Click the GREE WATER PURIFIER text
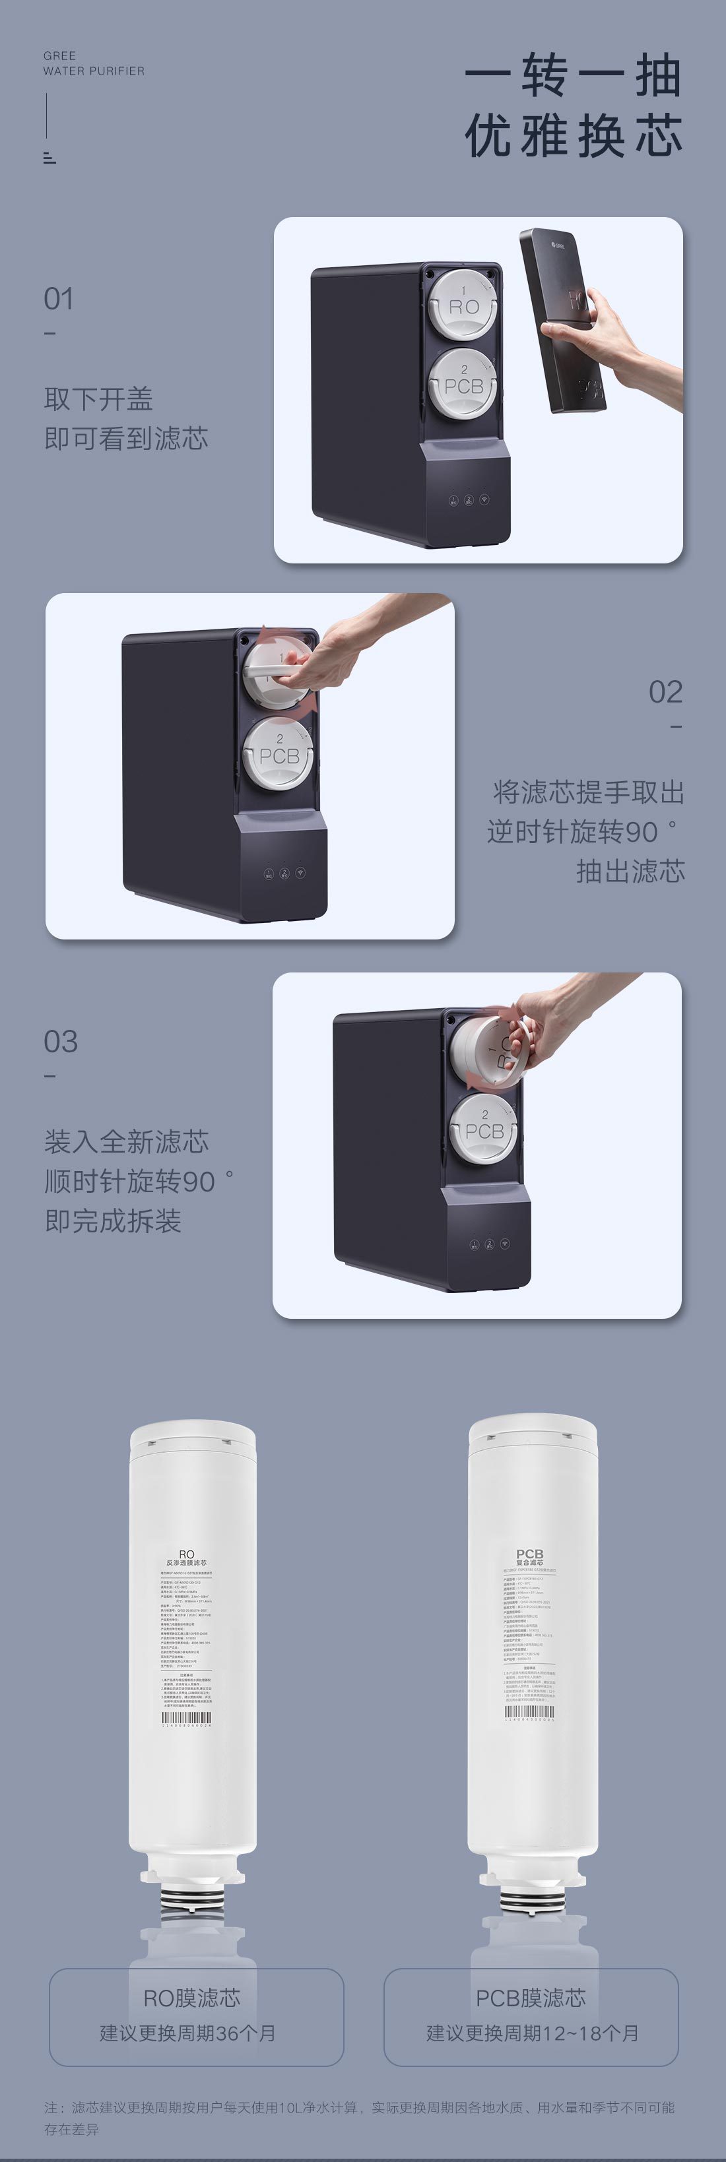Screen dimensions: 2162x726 click(93, 63)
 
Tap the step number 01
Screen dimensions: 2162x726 click(58, 299)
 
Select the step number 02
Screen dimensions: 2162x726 click(665, 693)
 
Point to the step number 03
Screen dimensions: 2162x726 click(61, 1042)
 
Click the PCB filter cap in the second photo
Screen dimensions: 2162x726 click(279, 753)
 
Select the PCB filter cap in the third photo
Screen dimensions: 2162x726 click(484, 1129)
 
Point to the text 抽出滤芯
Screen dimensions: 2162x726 click(630, 871)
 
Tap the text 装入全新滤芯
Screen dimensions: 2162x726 click(127, 1141)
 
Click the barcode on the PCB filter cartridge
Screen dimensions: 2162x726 click(529, 1712)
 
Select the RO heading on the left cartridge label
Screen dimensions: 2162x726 click(186, 1554)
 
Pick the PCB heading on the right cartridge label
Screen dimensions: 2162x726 click(529, 1554)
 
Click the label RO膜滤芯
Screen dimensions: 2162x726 click(192, 1998)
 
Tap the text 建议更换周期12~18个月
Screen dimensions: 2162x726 click(532, 2033)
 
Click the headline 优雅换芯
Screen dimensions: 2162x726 click(574, 136)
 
